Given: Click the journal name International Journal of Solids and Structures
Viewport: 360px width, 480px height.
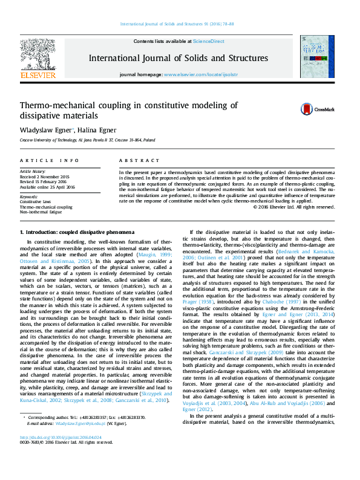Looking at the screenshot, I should [178, 59].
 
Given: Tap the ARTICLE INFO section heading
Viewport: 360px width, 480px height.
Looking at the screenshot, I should [50, 160].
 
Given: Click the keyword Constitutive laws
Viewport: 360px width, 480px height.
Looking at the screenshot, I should [36, 201].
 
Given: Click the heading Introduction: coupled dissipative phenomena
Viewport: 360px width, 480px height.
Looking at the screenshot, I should [77, 232].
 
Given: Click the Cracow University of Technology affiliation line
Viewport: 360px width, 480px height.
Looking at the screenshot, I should [87, 140].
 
